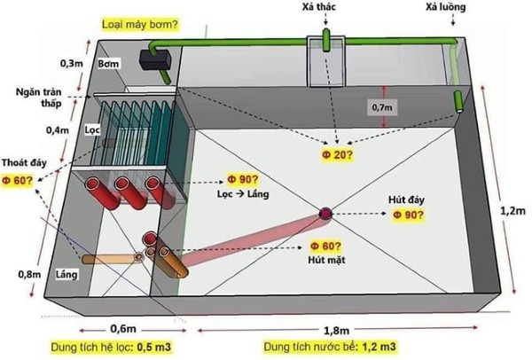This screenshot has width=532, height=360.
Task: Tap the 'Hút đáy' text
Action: (x=406, y=200)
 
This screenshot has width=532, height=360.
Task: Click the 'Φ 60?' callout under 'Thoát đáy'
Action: (x=18, y=180)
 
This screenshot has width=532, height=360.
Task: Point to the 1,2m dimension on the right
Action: (x=507, y=213)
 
